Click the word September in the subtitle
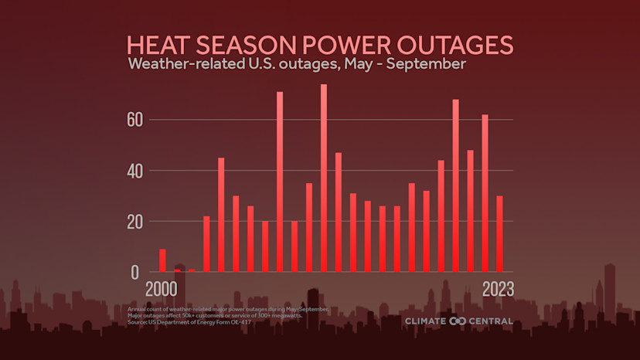click(x=427, y=64)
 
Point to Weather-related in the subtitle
click(x=180, y=64)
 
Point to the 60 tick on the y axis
click(x=134, y=120)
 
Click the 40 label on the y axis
click(x=134, y=171)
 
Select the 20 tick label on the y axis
click(x=134, y=222)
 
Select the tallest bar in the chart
click(x=324, y=178)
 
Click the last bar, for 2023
click(x=500, y=234)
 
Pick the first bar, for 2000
click(x=162, y=260)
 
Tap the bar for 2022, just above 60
click(x=485, y=193)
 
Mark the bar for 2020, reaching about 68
click(x=456, y=185)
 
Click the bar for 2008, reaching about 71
click(x=280, y=182)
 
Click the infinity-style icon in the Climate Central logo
click(x=458, y=321)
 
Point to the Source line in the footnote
click(x=189, y=321)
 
